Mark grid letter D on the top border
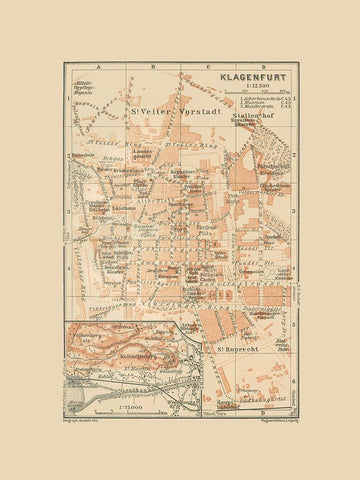coord(245,70)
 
